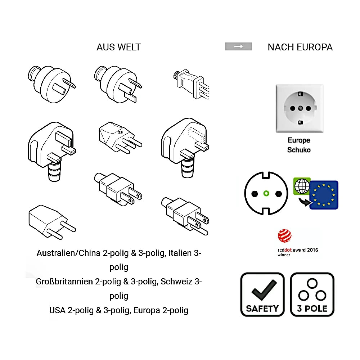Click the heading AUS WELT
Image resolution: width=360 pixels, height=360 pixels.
pos(118,47)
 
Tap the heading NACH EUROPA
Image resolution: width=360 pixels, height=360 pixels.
pos(300,47)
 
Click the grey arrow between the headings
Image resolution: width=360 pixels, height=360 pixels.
pos(238,46)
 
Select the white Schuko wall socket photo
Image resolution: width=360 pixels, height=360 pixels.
pos(299,108)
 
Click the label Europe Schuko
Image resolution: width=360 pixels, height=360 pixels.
pos(299,145)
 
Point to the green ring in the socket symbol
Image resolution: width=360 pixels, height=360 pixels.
pos(266,193)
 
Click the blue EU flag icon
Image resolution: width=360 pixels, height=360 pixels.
pos(324,195)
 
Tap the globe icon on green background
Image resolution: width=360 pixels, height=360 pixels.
pos(302,186)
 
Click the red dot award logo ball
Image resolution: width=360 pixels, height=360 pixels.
pos(284,237)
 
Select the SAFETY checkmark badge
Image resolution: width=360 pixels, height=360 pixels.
pos(262,294)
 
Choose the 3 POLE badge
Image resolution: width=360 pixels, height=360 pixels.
pos(312,294)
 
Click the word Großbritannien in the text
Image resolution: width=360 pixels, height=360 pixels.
pos(64,282)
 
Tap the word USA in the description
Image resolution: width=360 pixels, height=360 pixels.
pos(58,310)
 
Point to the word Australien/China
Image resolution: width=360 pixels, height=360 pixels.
pos(68,253)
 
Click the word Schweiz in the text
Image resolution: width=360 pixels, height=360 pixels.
pos(177,282)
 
